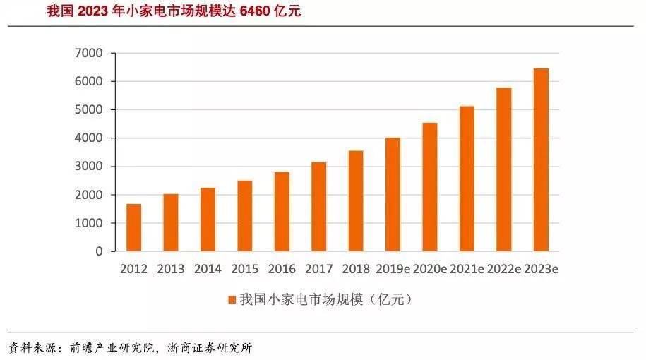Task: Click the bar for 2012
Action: (133, 227)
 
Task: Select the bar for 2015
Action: (244, 215)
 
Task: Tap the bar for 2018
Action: (356, 200)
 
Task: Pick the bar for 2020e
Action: (430, 186)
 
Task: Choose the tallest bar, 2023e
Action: (541, 160)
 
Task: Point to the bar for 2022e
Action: (504, 169)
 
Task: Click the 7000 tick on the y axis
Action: (89, 53)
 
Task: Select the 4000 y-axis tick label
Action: (89, 138)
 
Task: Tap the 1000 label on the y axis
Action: (89, 223)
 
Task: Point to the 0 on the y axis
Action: (99, 251)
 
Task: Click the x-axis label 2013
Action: (171, 269)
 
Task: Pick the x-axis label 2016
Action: (282, 269)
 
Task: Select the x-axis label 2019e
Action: (393, 269)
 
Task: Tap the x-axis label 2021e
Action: (467, 269)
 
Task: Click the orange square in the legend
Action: (231, 300)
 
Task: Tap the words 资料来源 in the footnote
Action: (30, 347)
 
